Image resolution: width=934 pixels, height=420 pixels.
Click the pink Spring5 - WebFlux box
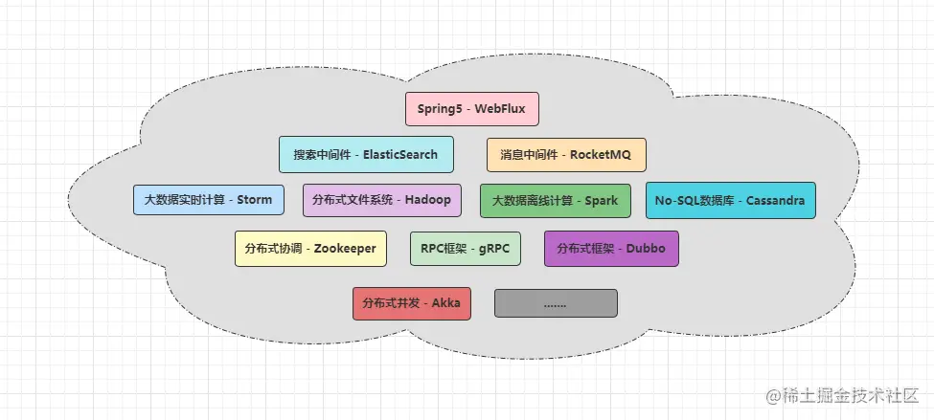(472, 109)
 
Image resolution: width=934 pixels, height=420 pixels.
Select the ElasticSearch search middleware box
(366, 154)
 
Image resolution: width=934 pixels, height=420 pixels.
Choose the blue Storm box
(208, 200)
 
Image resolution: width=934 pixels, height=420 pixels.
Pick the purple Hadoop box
(381, 200)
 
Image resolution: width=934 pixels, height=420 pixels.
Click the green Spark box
(555, 200)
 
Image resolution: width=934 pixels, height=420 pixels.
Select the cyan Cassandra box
(730, 200)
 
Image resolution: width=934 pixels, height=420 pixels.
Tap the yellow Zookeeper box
(310, 249)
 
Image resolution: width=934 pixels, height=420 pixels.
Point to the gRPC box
(465, 249)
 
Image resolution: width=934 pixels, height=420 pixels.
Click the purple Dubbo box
(611, 249)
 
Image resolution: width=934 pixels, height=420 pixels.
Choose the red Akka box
(412, 303)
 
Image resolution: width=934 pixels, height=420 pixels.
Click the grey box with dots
(556, 303)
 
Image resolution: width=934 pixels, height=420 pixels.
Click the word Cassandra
(774, 200)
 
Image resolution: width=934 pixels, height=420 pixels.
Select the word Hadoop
(427, 200)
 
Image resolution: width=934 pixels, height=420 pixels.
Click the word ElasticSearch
(401, 154)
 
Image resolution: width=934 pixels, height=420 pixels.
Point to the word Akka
(446, 303)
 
